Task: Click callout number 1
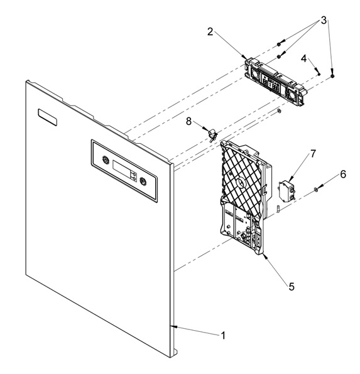pyautogui.click(x=223, y=335)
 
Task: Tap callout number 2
pyautogui.click(x=210, y=31)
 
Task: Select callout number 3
pyautogui.click(x=324, y=21)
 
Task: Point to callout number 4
pyautogui.click(x=303, y=58)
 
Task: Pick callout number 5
pyautogui.click(x=292, y=287)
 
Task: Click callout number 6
pyautogui.click(x=343, y=174)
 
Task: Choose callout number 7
pyautogui.click(x=313, y=154)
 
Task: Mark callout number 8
pyautogui.click(x=188, y=121)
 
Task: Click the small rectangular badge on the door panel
pyautogui.click(x=48, y=117)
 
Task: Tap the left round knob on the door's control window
pyautogui.click(x=105, y=160)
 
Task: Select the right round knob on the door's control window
pyautogui.click(x=143, y=181)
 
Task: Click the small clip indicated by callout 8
pyautogui.click(x=212, y=136)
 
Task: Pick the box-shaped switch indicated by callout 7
pyautogui.click(x=287, y=191)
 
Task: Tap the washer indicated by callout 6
pyautogui.click(x=316, y=190)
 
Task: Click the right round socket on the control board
pyautogui.click(x=292, y=95)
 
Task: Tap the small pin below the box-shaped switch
pyautogui.click(x=278, y=208)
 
